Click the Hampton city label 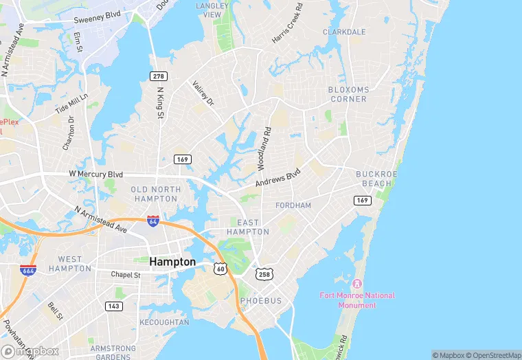point(172,262)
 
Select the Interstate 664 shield point(28,270)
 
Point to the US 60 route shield point(219,267)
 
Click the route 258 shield point(264,274)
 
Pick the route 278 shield point(159,75)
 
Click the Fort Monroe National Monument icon point(356,284)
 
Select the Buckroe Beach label point(374,179)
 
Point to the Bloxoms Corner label point(348,94)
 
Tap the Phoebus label point(260,301)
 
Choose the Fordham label point(293,205)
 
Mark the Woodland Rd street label point(264,148)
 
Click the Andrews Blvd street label point(278,178)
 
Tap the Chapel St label point(126,275)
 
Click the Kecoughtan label point(164,322)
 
